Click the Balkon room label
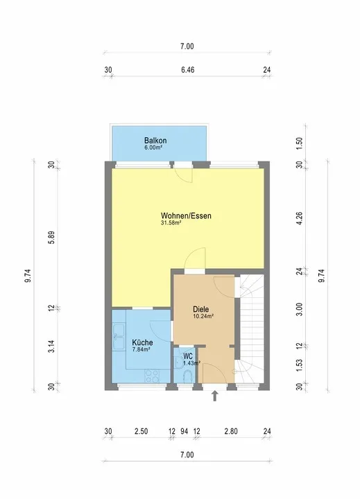[155, 140]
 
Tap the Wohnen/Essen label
[186, 216]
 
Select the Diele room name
[200, 309]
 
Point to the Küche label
[142, 342]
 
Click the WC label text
[188, 357]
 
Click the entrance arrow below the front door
[215, 396]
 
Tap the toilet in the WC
[188, 376]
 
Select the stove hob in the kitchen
[152, 376]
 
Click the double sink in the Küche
[119, 337]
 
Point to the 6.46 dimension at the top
[188, 70]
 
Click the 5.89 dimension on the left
[52, 238]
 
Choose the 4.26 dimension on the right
[299, 218]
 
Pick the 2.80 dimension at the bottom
[231, 431]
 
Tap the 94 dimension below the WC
[184, 431]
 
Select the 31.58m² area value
[171, 222]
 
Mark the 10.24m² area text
[203, 316]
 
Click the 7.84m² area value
[141, 349]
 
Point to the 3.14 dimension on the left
[52, 347]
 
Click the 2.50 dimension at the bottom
[141, 431]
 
